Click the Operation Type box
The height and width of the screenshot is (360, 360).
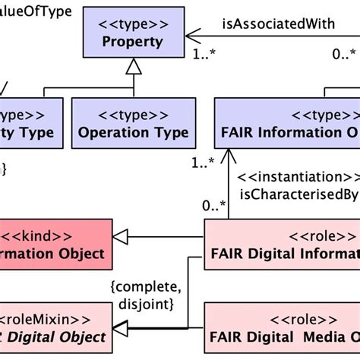point(133,124)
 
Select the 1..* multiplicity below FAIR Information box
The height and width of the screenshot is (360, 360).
point(202,162)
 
